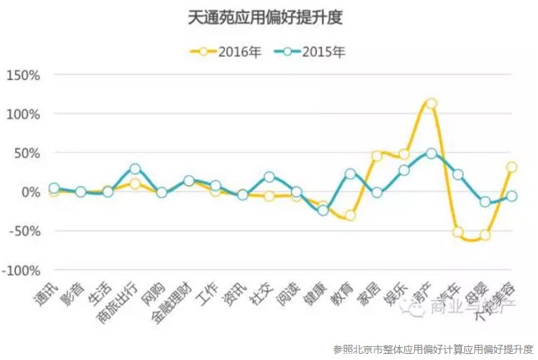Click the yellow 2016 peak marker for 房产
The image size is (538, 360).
[x=431, y=103]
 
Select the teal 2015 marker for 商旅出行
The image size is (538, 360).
[x=134, y=169]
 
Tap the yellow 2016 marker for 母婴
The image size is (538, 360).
[x=485, y=235]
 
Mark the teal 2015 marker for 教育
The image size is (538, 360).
[x=350, y=174]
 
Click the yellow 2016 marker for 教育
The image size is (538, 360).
[x=350, y=216]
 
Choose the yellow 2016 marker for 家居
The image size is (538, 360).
[x=377, y=156]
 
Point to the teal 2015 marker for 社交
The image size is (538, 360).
[x=269, y=177]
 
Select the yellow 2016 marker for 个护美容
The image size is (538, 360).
[x=512, y=167]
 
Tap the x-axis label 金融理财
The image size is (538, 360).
[x=174, y=303]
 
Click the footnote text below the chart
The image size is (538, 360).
[x=433, y=349]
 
